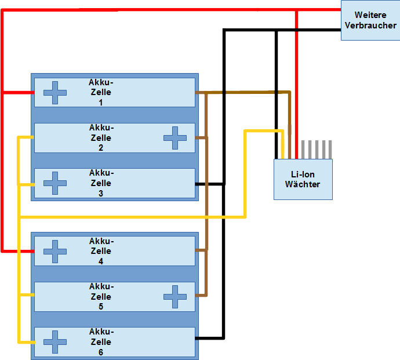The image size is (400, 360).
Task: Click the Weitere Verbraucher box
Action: point(370,20)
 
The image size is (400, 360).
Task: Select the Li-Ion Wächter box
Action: point(303,179)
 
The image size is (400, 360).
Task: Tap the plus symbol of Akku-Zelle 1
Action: point(55,93)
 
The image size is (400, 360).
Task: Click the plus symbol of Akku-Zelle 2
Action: point(175,138)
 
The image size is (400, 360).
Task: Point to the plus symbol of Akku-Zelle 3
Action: point(55,183)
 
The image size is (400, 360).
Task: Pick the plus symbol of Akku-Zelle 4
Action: point(55,251)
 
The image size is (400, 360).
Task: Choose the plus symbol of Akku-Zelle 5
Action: point(175,297)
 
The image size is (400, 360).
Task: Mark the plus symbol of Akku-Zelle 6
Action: point(55,342)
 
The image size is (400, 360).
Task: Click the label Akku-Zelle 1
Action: point(101,92)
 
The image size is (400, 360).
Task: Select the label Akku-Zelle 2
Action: point(101,138)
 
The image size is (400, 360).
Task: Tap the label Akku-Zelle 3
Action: point(101,183)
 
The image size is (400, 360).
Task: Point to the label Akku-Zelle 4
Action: point(101,251)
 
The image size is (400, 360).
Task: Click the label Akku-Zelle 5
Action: point(101,297)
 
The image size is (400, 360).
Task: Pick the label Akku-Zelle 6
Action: point(101,342)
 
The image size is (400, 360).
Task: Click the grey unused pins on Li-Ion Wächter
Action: point(318,149)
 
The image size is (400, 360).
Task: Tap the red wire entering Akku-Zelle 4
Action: point(17,251)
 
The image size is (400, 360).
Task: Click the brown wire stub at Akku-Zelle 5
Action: point(201,296)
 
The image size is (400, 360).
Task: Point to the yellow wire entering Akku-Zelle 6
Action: point(26,342)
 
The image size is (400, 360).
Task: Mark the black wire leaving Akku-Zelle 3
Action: point(210,184)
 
